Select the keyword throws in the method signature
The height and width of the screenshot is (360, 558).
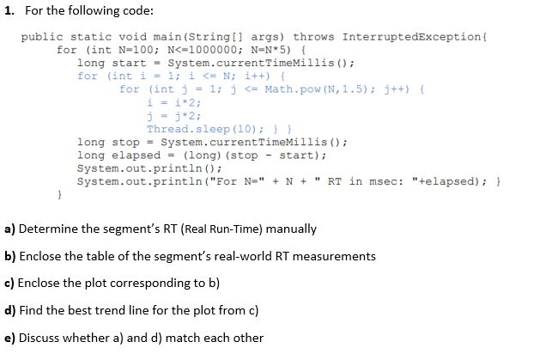pyautogui.click(x=314, y=37)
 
